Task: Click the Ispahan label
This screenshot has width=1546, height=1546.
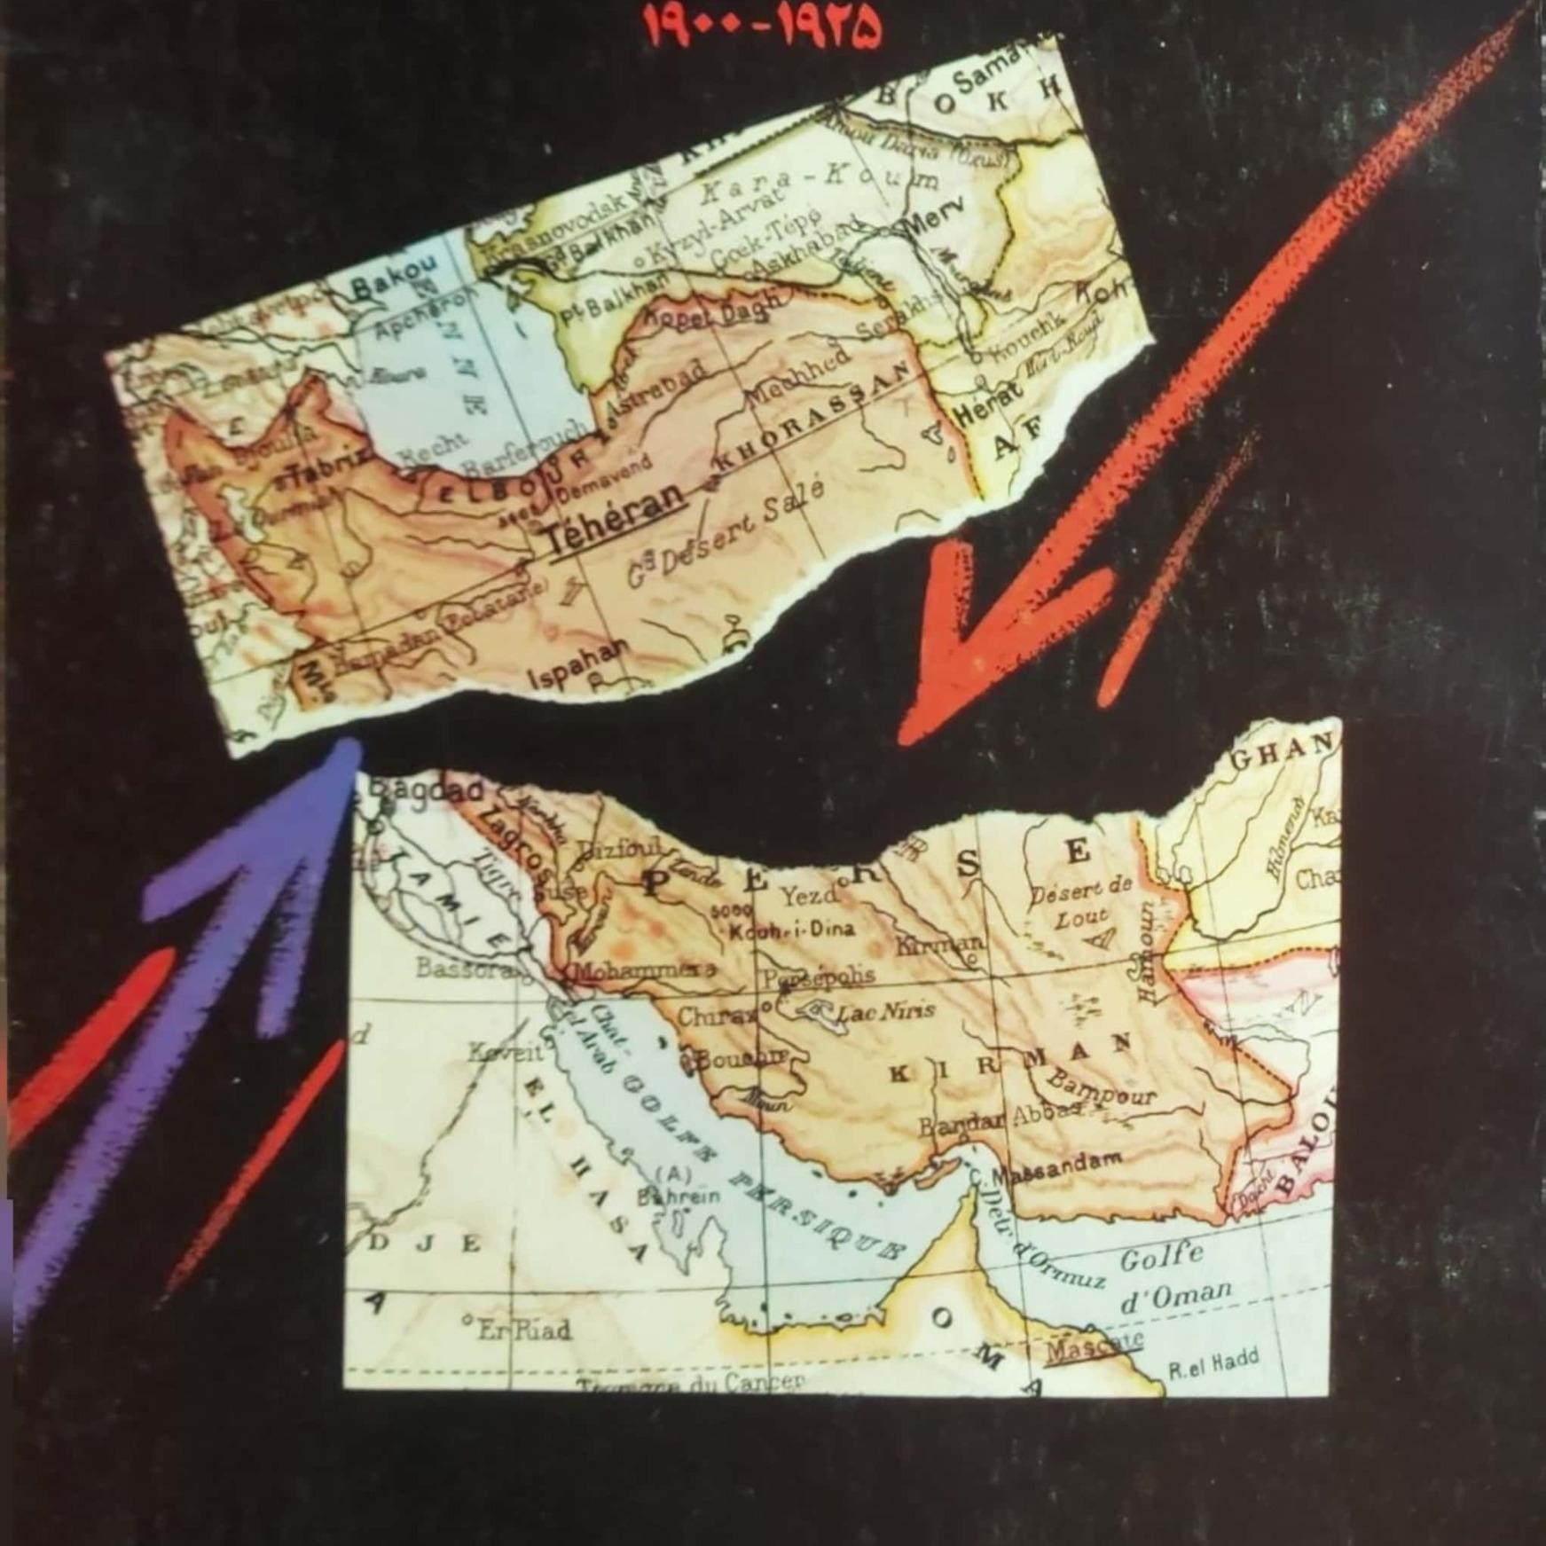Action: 577,665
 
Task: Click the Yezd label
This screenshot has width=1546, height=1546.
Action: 808,896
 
